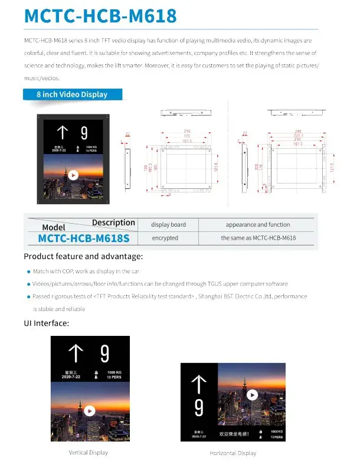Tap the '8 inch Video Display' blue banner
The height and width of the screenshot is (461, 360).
click(72, 94)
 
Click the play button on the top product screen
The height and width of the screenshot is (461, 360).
click(73, 175)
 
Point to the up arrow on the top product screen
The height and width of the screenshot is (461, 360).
click(62, 132)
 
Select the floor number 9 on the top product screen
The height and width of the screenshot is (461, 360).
click(84, 132)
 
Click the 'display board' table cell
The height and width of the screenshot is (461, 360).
click(168, 224)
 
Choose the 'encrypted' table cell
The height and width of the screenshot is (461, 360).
click(165, 238)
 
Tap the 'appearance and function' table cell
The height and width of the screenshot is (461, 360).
click(258, 224)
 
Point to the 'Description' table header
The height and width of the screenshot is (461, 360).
click(113, 223)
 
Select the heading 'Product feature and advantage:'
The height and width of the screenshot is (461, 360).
click(83, 257)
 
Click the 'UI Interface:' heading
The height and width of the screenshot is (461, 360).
click(47, 323)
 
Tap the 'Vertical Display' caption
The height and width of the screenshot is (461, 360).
click(88, 453)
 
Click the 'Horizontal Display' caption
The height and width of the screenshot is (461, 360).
click(233, 453)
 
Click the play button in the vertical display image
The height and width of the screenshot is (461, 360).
click(89, 410)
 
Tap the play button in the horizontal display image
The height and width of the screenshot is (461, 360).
click(253, 395)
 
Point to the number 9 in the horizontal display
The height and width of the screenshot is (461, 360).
click(199, 407)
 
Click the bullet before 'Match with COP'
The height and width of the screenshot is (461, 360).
click(28, 272)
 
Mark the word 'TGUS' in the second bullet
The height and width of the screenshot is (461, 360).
click(201, 284)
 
